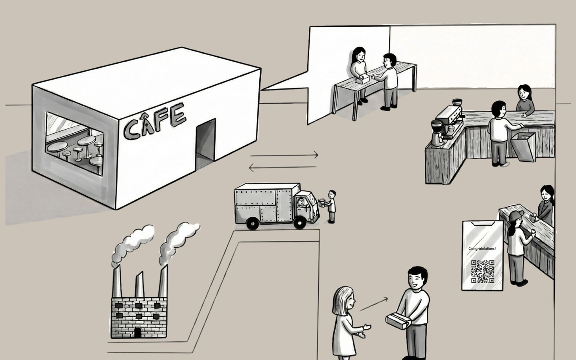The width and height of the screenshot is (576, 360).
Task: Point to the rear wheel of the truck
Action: pos(252,224)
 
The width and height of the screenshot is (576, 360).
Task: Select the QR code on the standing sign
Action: pos(482,271)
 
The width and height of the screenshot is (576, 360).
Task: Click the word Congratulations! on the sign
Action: pos(482,249)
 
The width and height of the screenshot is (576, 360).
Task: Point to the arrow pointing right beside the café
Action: pos(284,154)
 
